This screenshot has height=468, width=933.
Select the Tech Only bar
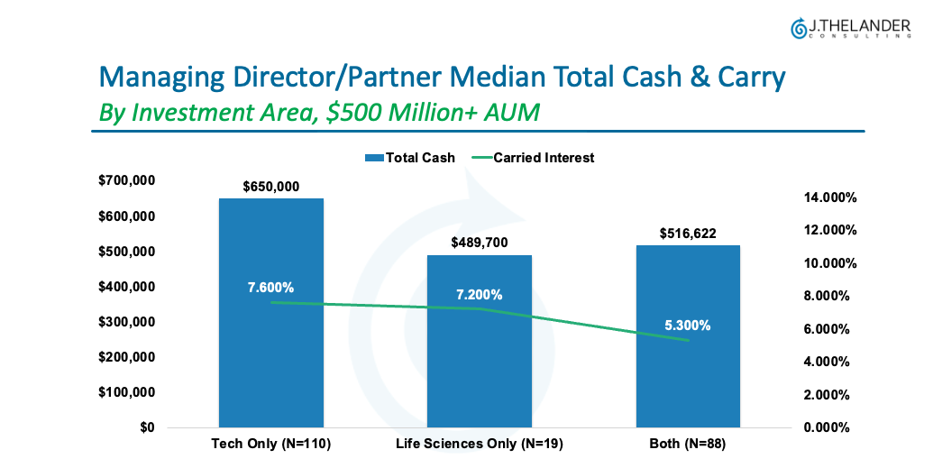click(x=270, y=361)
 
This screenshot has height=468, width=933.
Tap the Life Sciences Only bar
click(x=479, y=370)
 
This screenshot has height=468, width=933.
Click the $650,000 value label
click(x=270, y=187)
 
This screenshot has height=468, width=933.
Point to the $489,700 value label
click(x=479, y=243)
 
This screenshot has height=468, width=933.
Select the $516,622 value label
click(x=688, y=234)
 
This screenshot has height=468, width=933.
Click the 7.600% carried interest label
click(x=270, y=288)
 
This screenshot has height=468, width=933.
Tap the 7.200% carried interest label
click(x=479, y=295)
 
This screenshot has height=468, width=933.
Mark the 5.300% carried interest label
click(x=688, y=326)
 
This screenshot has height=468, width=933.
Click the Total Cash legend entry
click(x=410, y=158)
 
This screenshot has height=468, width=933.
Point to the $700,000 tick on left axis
click(x=127, y=181)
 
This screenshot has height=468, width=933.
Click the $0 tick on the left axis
click(x=145, y=427)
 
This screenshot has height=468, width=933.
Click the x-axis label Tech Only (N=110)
click(x=270, y=445)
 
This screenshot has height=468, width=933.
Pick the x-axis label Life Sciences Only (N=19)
click(x=479, y=445)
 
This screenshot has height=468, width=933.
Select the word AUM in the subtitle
click(x=508, y=113)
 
